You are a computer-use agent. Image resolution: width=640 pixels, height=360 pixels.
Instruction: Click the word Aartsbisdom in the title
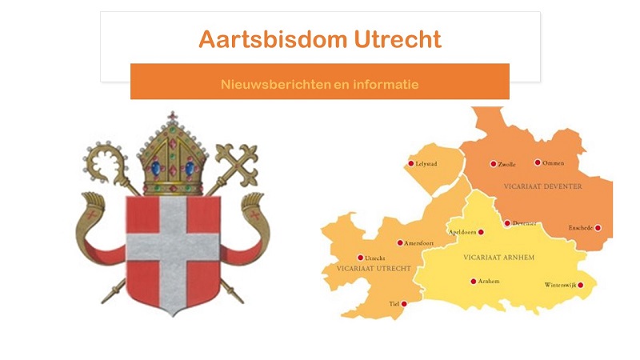coord(273,39)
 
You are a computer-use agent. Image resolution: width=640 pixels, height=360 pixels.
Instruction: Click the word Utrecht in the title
coord(398,39)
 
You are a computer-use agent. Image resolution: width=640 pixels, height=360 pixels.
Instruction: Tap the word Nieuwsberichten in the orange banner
coord(275,85)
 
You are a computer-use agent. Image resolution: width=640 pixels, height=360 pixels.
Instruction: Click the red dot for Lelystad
coord(411,163)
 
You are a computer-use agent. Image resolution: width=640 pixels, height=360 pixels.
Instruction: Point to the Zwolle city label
coord(506,164)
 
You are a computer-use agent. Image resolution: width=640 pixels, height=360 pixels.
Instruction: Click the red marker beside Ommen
coord(538,162)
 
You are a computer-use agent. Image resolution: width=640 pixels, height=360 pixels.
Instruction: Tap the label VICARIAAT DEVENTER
coord(542,186)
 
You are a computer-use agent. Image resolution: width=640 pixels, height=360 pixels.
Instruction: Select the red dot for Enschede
coord(598,228)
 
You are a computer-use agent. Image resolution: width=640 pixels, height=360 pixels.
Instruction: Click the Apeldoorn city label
coord(462,232)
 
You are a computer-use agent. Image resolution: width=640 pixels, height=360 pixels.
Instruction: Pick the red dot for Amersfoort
coord(400,243)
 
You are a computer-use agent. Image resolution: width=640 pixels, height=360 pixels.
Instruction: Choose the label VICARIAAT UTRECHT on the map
coord(374,268)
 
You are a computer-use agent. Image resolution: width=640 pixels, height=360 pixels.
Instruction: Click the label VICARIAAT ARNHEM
coord(498,257)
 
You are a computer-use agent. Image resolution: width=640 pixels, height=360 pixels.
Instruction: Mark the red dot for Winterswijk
coord(581,285)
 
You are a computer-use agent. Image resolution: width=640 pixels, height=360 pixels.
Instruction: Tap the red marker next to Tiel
coord(404,304)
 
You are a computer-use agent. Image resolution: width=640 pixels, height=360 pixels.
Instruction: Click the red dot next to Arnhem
coord(473,282)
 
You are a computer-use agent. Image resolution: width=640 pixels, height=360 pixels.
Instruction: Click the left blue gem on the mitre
coord(156,168)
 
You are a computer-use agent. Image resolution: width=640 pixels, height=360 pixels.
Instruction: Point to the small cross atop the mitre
coord(173,116)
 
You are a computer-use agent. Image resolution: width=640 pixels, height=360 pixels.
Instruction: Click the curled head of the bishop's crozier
coord(105,162)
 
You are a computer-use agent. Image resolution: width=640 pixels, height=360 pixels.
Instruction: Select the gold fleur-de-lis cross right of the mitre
coord(238,162)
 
